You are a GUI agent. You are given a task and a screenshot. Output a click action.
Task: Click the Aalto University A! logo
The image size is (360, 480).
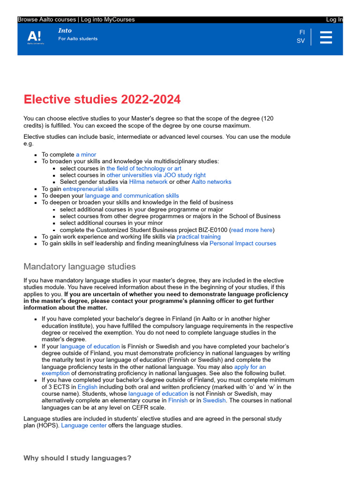click(35, 37)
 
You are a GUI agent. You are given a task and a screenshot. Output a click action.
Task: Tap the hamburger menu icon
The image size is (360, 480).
click(326, 37)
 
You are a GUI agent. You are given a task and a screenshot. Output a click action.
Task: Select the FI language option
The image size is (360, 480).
click(301, 32)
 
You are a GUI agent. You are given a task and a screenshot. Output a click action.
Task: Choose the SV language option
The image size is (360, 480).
click(300, 41)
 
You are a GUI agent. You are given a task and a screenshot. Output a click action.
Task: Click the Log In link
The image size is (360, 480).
click(334, 20)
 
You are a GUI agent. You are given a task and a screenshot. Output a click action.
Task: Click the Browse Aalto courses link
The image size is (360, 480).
click(47, 20)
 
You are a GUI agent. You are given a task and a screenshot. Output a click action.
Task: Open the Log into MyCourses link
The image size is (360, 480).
click(108, 20)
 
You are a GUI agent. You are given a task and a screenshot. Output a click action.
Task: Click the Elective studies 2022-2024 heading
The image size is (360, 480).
click(102, 99)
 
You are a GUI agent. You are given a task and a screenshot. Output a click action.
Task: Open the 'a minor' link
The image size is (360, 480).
click(86, 155)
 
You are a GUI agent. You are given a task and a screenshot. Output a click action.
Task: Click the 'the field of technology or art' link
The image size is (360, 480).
click(143, 168)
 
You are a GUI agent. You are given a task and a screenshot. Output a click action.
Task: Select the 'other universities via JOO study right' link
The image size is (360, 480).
click(156, 175)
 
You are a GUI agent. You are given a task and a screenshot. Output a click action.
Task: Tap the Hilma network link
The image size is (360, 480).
click(148, 182)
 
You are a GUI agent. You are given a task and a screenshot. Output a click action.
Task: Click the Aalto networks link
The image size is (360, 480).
click(211, 182)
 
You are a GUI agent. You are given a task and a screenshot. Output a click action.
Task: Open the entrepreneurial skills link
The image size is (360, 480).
click(90, 189)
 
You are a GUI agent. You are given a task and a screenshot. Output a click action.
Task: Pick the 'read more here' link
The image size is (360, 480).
click(252, 230)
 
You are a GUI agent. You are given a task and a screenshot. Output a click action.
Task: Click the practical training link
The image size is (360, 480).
click(198, 237)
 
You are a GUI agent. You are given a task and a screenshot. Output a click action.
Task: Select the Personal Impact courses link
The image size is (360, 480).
click(243, 244)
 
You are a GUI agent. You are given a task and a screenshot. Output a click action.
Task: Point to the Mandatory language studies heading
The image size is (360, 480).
click(80, 267)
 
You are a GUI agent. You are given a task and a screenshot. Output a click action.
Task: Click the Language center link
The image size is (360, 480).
click(84, 426)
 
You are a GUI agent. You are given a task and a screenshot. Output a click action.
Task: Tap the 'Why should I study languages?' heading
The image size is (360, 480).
click(77, 458)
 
